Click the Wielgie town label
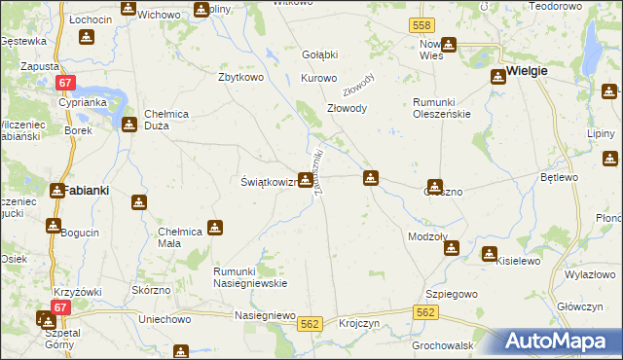click(527, 71)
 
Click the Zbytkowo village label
click(242, 77)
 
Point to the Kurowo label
click(318, 77)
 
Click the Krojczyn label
click(359, 325)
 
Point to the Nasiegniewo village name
click(265, 315)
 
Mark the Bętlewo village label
click(560, 177)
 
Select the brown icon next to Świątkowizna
click(306, 179)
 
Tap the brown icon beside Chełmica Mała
click(215, 229)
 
